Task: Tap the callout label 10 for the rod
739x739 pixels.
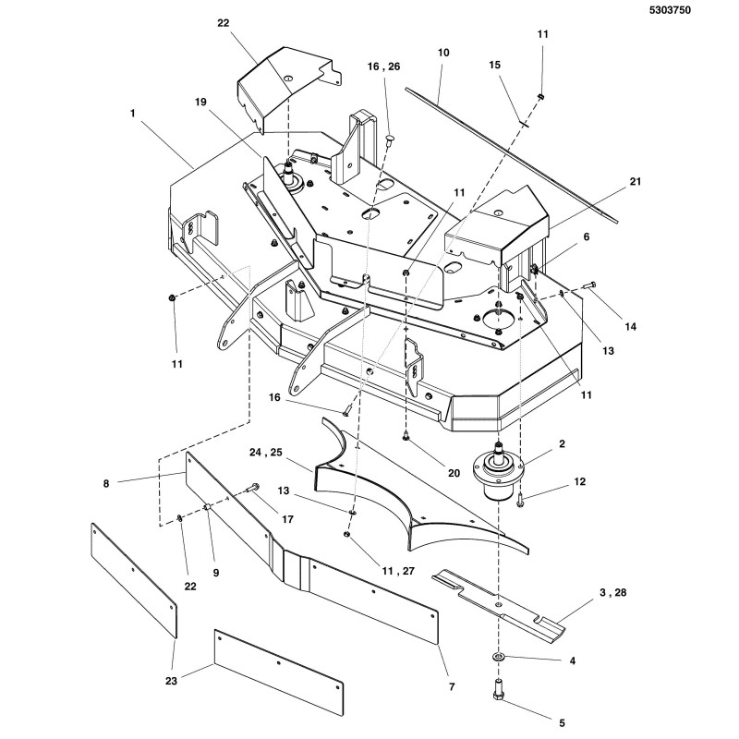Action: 443,54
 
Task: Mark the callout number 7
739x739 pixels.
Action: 452,687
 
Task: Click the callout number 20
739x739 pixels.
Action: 454,472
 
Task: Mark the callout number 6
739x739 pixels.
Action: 584,237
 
